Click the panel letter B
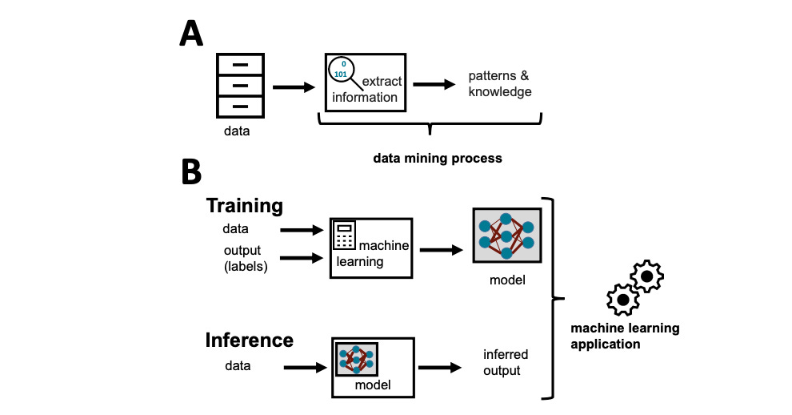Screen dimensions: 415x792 tap(192, 171)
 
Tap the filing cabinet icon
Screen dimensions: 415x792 tap(240, 85)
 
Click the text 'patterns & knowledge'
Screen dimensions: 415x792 tap(500, 84)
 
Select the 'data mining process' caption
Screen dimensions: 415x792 tap(438, 158)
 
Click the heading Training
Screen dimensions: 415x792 tap(245, 205)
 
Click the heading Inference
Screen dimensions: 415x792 tap(250, 340)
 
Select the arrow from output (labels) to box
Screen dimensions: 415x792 tap(298, 258)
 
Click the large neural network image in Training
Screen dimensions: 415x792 tap(506, 233)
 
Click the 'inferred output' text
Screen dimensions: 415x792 tap(506, 362)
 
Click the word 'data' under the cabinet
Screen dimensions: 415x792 tap(236, 131)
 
